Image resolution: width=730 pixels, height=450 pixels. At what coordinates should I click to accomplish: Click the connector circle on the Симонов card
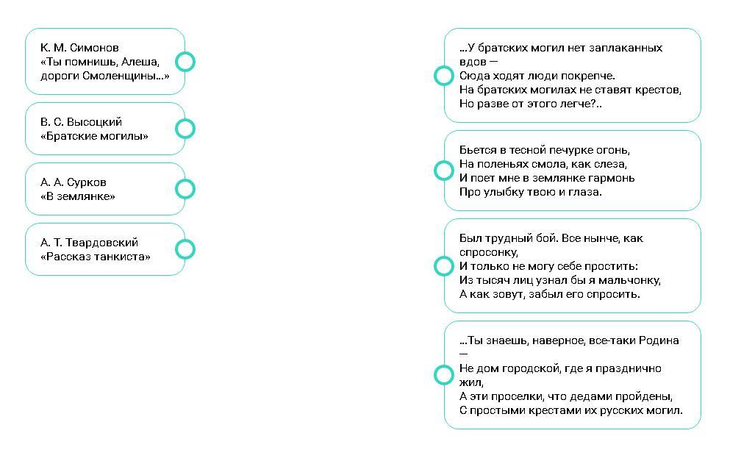pyautogui.click(x=185, y=62)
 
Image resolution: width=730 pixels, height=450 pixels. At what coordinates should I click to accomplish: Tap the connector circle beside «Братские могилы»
pyautogui.click(x=185, y=129)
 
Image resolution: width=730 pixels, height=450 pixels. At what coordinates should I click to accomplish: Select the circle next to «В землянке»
pyautogui.click(x=185, y=189)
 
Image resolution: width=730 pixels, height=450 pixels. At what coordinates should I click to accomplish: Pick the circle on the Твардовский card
pyautogui.click(x=185, y=249)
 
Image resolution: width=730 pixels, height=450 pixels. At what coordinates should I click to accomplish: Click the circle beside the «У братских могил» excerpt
pyautogui.click(x=444, y=76)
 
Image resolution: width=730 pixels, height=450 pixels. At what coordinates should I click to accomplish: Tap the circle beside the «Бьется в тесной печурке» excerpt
pyautogui.click(x=444, y=171)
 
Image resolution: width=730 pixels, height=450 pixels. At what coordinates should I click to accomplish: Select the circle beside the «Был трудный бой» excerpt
pyautogui.click(x=444, y=265)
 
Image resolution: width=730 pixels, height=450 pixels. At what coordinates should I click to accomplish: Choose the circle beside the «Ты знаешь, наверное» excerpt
pyautogui.click(x=444, y=375)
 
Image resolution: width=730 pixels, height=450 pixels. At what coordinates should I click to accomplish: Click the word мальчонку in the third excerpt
pyautogui.click(x=629, y=280)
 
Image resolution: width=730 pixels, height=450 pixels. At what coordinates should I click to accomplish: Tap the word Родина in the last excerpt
pyautogui.click(x=659, y=340)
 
